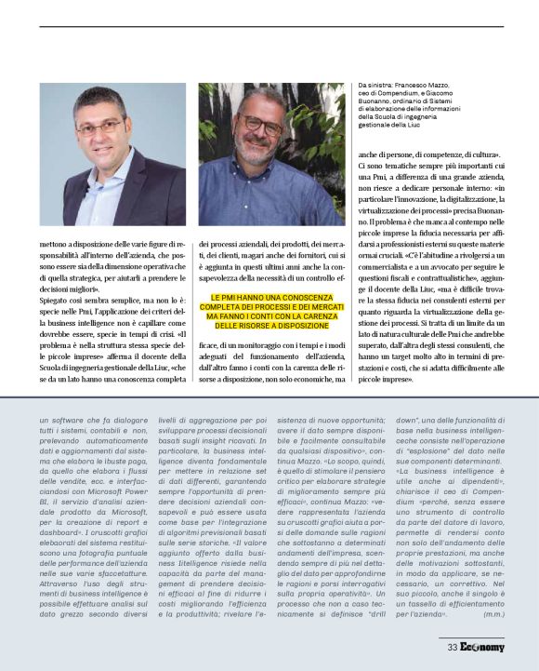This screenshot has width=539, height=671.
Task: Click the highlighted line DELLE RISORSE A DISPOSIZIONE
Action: (x=271, y=326)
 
